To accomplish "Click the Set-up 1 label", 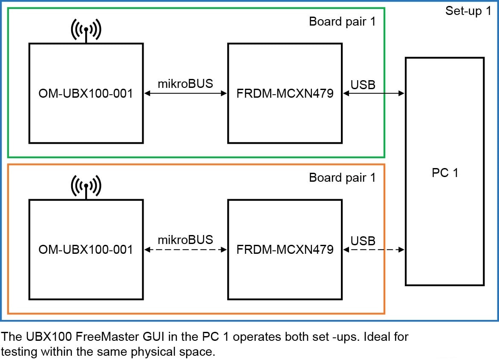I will point(468,11).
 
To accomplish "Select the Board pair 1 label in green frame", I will point(342,22).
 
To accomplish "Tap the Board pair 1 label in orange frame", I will point(342,177).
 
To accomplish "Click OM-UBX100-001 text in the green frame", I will point(86,93).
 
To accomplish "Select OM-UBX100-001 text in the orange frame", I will point(86,250).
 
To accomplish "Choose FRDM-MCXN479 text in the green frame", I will point(285,93).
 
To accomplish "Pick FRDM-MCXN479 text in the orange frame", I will point(285,250).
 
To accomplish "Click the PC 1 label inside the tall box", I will point(444,173).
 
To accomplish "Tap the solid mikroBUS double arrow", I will point(185,93).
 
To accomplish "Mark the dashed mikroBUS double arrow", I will point(185,250).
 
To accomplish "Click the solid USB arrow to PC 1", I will point(373,93).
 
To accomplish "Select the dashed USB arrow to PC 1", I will point(373,250).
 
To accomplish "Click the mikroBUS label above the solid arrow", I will point(185,84).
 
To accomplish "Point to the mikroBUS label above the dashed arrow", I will point(185,240).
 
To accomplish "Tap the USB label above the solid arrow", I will point(363,84).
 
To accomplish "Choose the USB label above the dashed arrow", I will point(363,241).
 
